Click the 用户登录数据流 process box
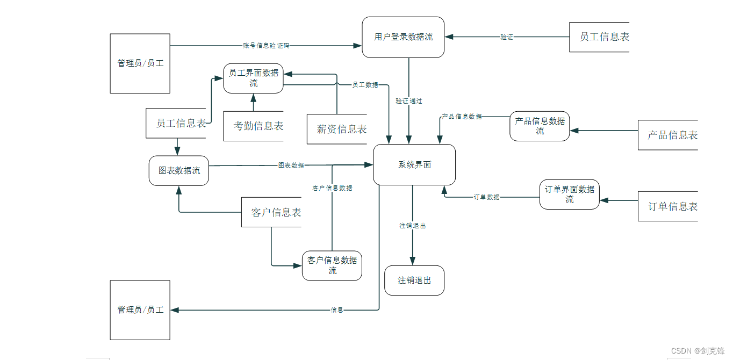pyautogui.click(x=403, y=37)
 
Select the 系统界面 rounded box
pyautogui.click(x=414, y=165)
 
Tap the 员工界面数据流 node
pyautogui.click(x=253, y=78)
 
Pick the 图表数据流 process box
pyautogui.click(x=179, y=171)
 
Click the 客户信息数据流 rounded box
pyautogui.click(x=332, y=266)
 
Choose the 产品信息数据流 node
pyautogui.click(x=540, y=126)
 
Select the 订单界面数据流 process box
pyautogui.click(x=569, y=195)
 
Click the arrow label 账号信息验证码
pyautogui.click(x=266, y=46)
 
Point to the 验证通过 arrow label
pyautogui.click(x=409, y=101)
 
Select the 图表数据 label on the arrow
pyautogui.click(x=291, y=165)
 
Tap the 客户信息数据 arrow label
pyautogui.click(x=333, y=188)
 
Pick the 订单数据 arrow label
pyautogui.click(x=486, y=197)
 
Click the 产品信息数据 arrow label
pyautogui.click(x=462, y=117)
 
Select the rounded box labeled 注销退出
pyautogui.click(x=414, y=280)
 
